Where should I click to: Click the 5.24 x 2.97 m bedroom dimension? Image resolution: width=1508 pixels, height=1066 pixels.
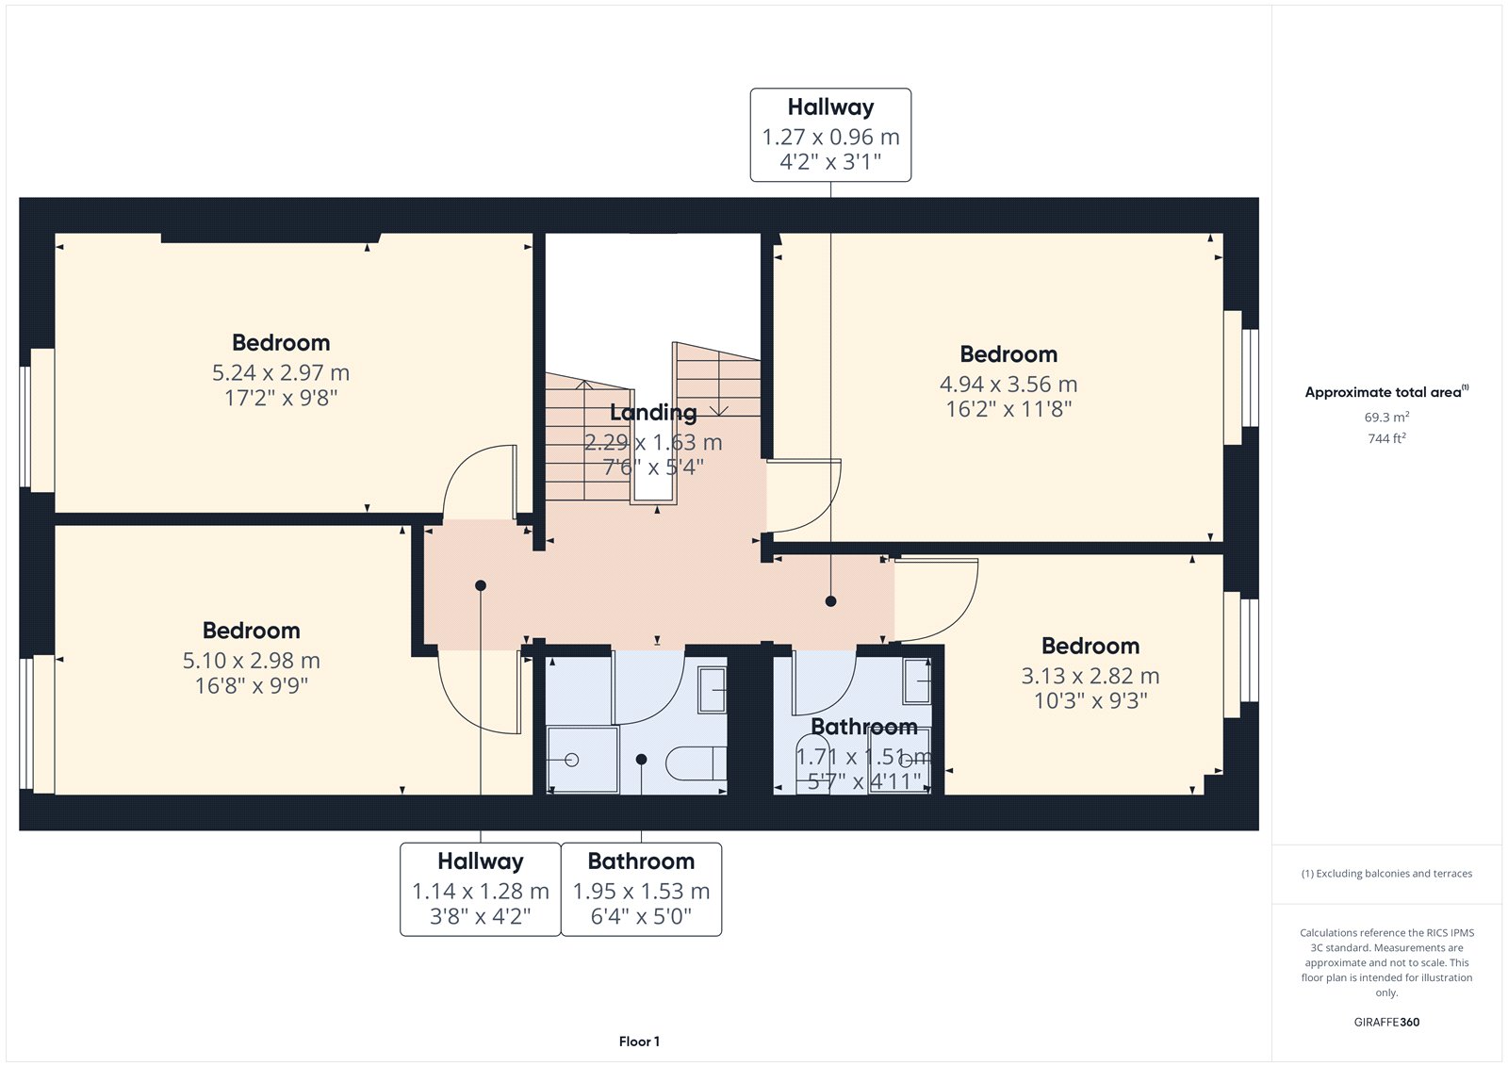pos(281,372)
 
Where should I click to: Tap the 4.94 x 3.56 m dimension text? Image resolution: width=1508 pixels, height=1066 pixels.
pos(1008,384)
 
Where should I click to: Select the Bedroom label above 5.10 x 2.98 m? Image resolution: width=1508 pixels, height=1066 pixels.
pos(251,631)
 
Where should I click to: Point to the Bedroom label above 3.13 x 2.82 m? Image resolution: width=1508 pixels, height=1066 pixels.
pos(1090,646)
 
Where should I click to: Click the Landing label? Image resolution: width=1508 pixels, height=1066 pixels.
pos(653,412)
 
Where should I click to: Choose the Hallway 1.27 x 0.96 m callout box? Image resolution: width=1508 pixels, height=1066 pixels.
pos(830,135)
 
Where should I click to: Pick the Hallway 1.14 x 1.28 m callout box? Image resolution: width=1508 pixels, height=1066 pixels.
pos(481,889)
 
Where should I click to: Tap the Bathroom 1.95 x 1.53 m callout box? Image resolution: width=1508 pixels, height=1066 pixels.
pos(642,889)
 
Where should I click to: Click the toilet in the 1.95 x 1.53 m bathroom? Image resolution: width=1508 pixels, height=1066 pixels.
pos(697,763)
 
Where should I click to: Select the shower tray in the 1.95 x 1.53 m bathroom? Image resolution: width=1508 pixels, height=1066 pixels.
pos(582,760)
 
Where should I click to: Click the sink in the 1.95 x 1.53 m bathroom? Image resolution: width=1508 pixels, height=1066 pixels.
pos(712,690)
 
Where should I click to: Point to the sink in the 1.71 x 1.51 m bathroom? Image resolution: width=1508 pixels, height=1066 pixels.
pos(917,681)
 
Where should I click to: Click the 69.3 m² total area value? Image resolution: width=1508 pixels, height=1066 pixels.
pos(1386,417)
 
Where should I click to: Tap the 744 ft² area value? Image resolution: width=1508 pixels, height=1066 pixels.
pos(1386,438)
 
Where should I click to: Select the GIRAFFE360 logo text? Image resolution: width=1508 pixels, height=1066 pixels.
pos(1386,1022)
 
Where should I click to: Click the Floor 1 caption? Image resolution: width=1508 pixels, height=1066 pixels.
pos(640,1041)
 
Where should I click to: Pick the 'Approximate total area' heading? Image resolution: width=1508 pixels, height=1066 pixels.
pos(1386,391)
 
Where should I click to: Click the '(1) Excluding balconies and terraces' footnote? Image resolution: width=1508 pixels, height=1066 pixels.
pos(1386,874)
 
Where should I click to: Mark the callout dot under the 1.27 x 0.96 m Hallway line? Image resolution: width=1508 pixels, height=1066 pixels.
pos(830,601)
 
